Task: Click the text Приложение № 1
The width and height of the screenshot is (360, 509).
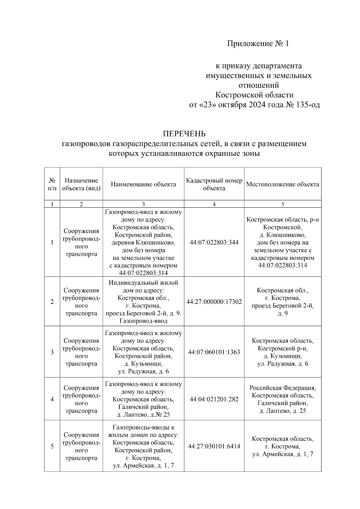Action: [x=258, y=44]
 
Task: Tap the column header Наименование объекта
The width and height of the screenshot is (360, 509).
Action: [x=143, y=184]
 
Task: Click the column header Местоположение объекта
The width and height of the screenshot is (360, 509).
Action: [x=283, y=184]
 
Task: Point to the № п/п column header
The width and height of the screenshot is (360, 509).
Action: [x=52, y=184]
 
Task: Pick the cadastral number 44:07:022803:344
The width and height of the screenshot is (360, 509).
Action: [x=214, y=242]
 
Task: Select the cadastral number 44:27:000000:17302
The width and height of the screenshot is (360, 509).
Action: [x=214, y=302]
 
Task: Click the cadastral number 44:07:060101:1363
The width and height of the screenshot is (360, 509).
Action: [x=214, y=352]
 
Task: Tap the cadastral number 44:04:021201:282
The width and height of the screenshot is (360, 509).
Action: [x=214, y=399]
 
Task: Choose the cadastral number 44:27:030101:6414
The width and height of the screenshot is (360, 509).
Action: [x=214, y=446]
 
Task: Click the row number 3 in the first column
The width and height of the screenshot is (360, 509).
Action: [x=52, y=352]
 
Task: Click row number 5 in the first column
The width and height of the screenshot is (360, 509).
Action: [x=52, y=446]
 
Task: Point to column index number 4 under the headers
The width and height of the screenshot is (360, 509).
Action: [x=214, y=204]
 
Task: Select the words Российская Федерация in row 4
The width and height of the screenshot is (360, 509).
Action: [x=283, y=388]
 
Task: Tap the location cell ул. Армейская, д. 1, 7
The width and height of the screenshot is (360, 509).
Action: [x=283, y=454]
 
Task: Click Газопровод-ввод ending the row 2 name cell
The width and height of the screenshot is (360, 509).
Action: [x=143, y=321]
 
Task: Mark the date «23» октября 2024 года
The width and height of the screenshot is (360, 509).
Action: [x=237, y=105]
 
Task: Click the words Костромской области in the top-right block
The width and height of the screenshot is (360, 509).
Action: [x=254, y=95]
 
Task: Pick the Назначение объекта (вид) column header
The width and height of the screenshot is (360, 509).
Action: [x=81, y=184]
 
